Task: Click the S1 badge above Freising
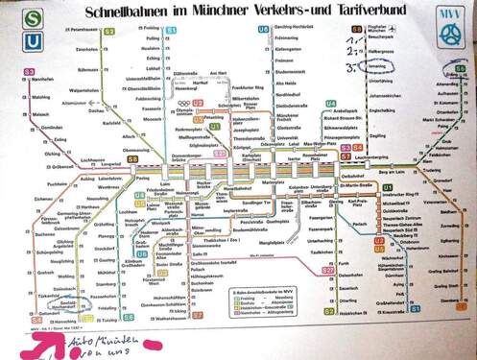171,31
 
